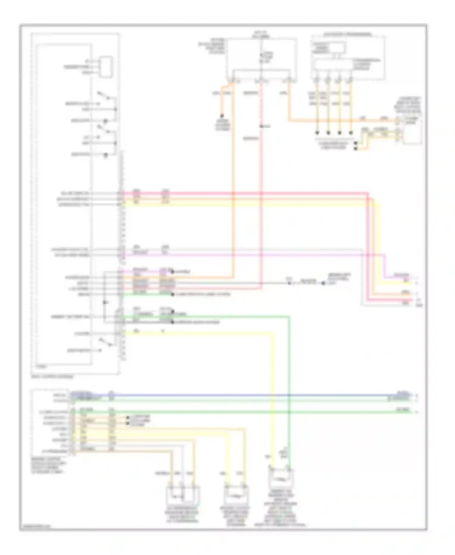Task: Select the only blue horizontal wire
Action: (x=243, y=395)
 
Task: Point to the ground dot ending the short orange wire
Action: (x=222, y=116)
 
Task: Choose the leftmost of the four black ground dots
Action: (x=317, y=133)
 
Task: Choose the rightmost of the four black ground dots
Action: (x=351, y=133)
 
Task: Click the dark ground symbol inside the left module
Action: (x=104, y=302)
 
